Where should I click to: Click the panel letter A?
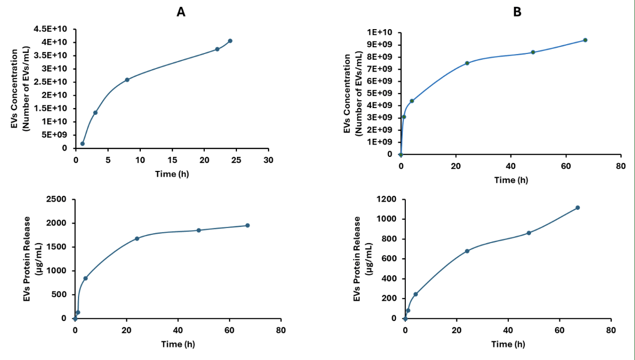tap(181, 12)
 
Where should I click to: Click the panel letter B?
tap(517, 12)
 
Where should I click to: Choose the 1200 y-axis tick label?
tap(386, 199)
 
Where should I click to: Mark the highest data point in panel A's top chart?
tap(230, 41)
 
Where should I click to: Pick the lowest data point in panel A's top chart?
tap(82, 143)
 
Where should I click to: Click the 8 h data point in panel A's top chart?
tap(127, 79)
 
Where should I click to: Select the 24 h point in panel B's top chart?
tap(467, 63)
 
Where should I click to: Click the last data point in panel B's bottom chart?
tap(577, 207)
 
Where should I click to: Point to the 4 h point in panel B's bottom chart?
tap(416, 294)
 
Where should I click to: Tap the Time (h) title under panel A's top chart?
tap(172, 174)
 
